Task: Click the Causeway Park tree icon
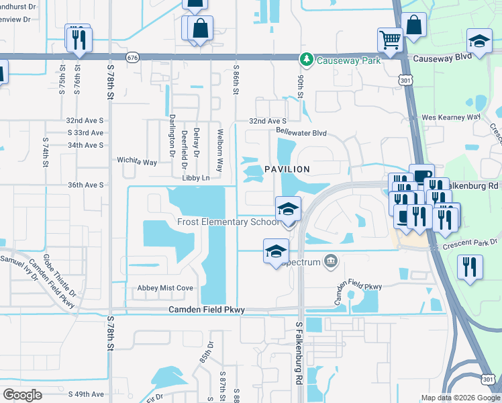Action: [x=307, y=60]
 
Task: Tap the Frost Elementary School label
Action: [x=228, y=222]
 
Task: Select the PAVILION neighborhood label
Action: [x=287, y=169]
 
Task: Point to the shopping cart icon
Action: [x=389, y=39]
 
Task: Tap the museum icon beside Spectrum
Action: [x=330, y=261]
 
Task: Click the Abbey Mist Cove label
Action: [x=166, y=287]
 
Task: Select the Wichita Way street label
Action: [x=137, y=162]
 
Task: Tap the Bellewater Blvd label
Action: [x=301, y=134]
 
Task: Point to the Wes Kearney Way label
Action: [x=451, y=117]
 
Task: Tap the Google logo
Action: [x=22, y=394]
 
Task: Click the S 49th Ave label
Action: [x=85, y=394]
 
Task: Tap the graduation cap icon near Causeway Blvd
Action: [x=479, y=41]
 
